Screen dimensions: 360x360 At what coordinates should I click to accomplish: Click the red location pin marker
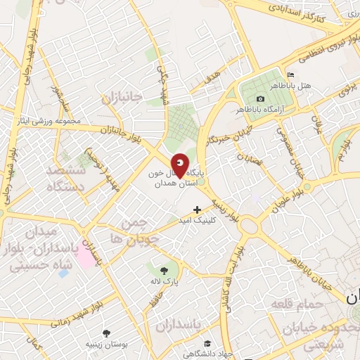point(180,165)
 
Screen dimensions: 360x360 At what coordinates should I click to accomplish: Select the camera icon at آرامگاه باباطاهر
point(260,98)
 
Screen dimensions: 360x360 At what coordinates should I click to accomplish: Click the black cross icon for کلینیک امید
point(197,209)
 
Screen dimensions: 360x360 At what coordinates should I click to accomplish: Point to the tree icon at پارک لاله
point(164,269)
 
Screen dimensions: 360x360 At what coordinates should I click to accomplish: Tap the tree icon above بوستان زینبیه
point(106,333)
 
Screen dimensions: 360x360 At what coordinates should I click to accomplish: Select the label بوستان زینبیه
point(105,344)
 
